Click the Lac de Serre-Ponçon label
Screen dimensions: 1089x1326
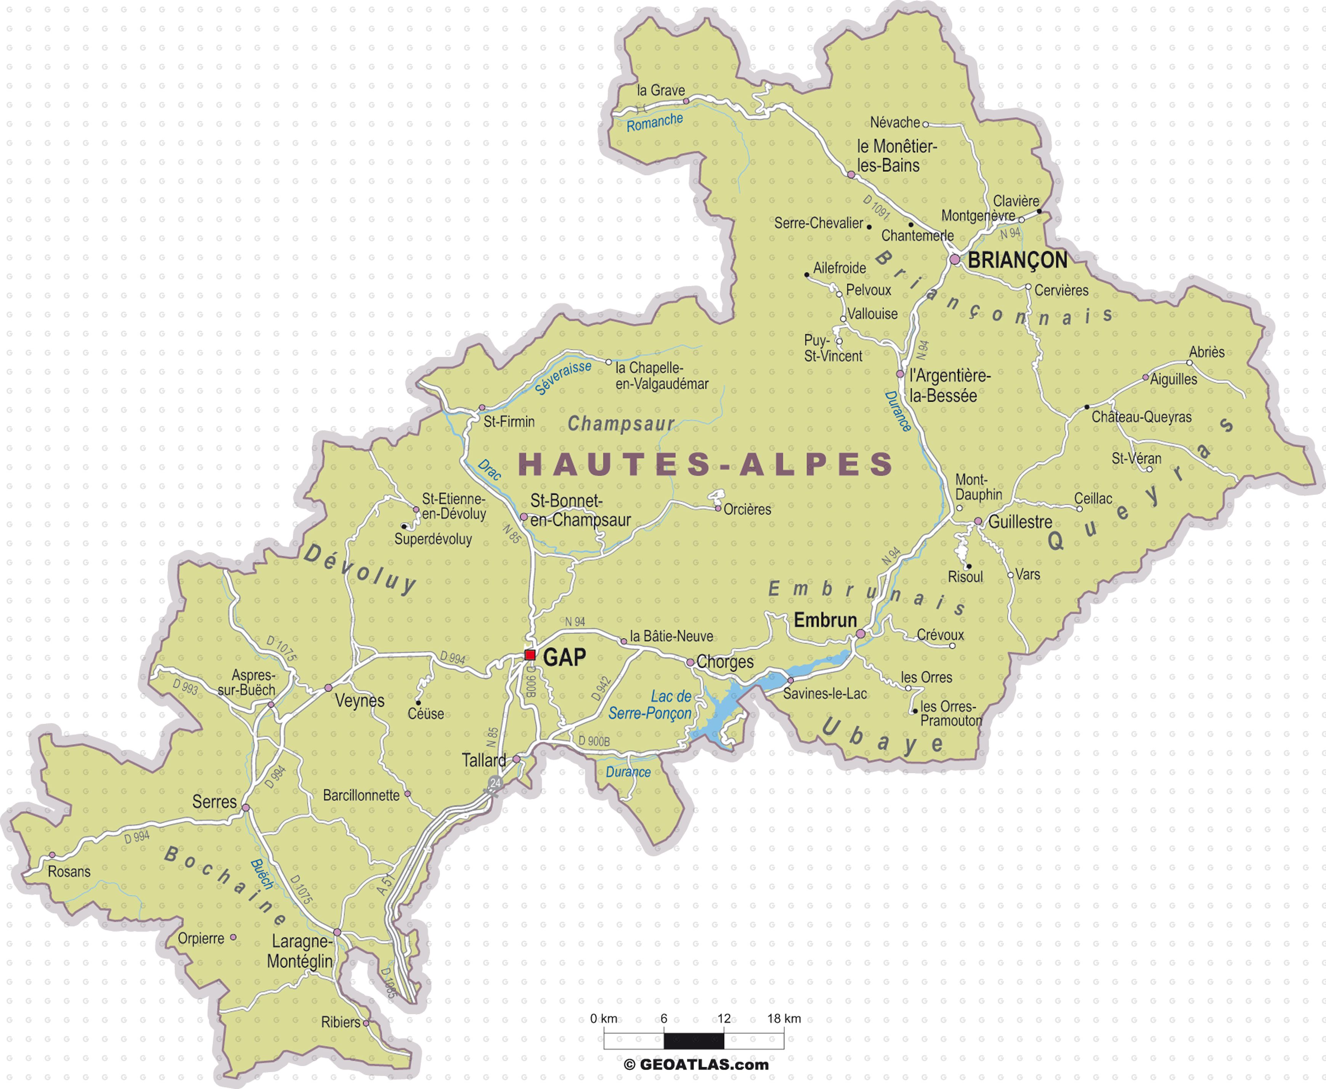(x=650, y=705)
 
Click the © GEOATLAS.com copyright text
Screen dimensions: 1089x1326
(x=696, y=1065)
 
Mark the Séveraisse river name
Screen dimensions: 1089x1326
(x=563, y=377)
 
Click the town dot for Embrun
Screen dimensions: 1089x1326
(x=860, y=634)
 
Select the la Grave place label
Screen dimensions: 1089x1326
(x=660, y=90)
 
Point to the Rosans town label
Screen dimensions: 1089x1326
(x=69, y=871)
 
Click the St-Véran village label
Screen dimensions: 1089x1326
(x=1136, y=459)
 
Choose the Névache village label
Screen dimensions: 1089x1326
(x=894, y=122)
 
